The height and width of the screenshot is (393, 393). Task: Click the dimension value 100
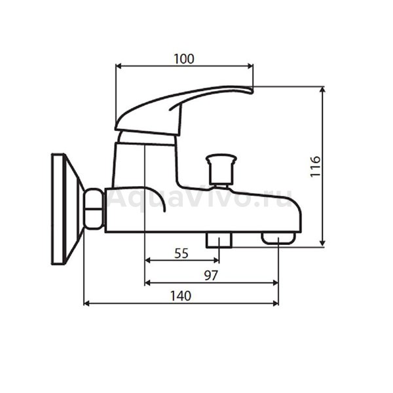click(x=184, y=59)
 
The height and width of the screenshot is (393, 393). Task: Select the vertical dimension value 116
click(x=315, y=166)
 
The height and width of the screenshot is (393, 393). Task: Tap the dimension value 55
click(x=181, y=253)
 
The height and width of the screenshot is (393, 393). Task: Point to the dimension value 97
click(x=211, y=276)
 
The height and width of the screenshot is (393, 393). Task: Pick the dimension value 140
click(x=181, y=296)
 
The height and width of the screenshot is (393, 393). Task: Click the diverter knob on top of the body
click(x=221, y=170)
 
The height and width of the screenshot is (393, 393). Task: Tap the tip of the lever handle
click(x=252, y=90)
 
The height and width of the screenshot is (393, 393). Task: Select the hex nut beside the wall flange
click(x=94, y=208)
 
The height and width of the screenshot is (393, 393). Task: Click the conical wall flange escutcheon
click(x=67, y=209)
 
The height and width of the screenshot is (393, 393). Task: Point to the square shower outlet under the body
click(x=219, y=240)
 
